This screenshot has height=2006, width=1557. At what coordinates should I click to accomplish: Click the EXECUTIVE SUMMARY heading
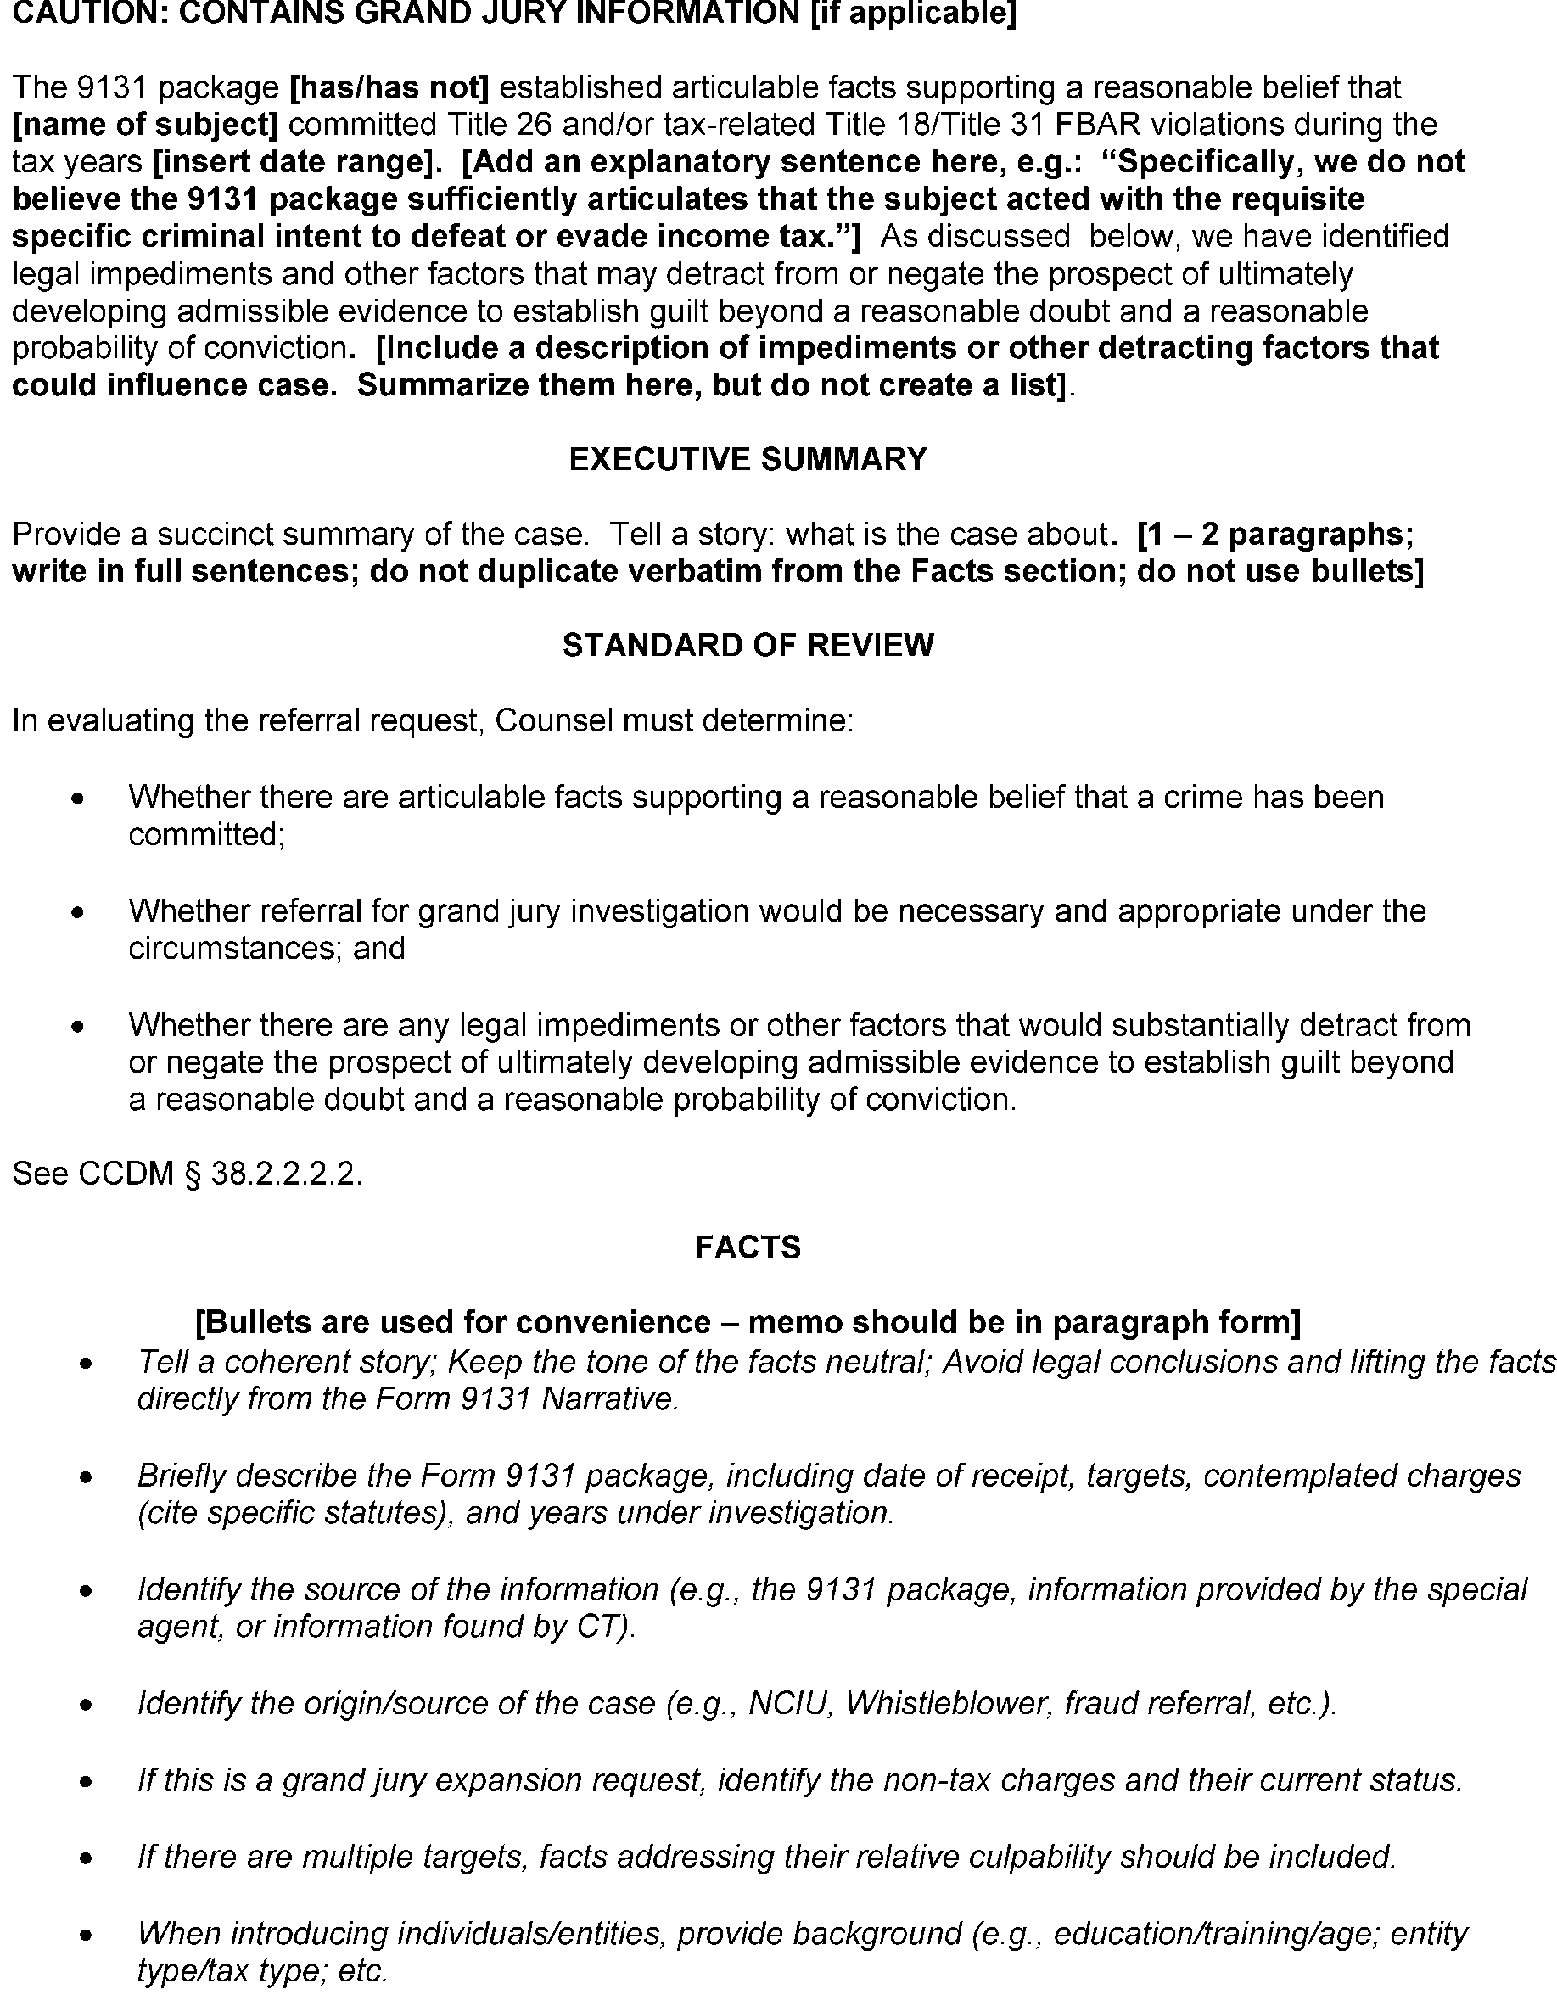point(748,459)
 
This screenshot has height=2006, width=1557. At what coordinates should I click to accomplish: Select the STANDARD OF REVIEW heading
point(748,646)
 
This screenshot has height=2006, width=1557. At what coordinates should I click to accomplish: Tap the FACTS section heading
point(748,1247)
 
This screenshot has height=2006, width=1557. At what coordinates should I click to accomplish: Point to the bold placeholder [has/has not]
point(389,88)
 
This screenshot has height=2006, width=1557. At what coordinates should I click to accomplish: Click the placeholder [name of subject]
point(145,125)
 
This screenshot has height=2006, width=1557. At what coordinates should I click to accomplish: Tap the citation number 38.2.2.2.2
point(286,1174)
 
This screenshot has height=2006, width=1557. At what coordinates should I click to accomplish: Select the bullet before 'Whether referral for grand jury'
point(79,913)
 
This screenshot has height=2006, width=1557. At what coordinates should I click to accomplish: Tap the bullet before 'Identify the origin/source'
point(87,1706)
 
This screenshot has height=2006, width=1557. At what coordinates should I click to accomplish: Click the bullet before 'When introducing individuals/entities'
point(87,1936)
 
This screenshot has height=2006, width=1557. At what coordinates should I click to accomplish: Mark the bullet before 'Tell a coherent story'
point(87,1364)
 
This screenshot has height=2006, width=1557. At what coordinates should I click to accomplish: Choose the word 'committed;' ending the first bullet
point(207,835)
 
